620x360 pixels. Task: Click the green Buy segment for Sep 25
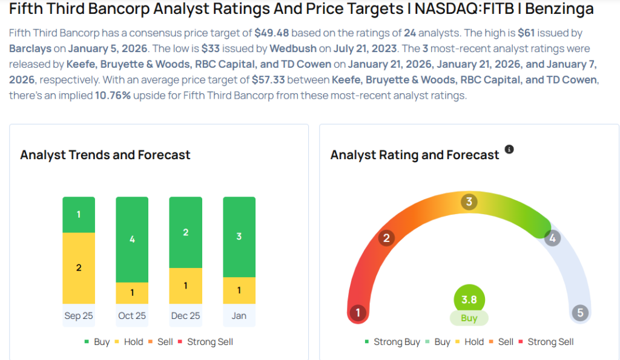pos(79,215)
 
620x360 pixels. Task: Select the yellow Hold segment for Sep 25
pos(79,267)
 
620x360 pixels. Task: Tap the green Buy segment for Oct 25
pos(132,239)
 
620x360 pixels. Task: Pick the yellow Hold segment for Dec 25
pos(185,285)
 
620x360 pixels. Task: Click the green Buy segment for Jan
pos(239,237)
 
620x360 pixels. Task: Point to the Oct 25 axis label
pos(132,316)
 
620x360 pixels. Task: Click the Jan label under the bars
pos(239,316)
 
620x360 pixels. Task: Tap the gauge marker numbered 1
pos(358,313)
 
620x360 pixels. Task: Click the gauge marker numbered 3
pos(469,201)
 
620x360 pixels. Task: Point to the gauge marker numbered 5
pos(580,313)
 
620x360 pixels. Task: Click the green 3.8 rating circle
pos(469,299)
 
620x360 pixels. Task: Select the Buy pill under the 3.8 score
pos(469,318)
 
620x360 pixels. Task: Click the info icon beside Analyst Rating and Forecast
pos(509,149)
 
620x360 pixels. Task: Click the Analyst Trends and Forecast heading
pos(105,155)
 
